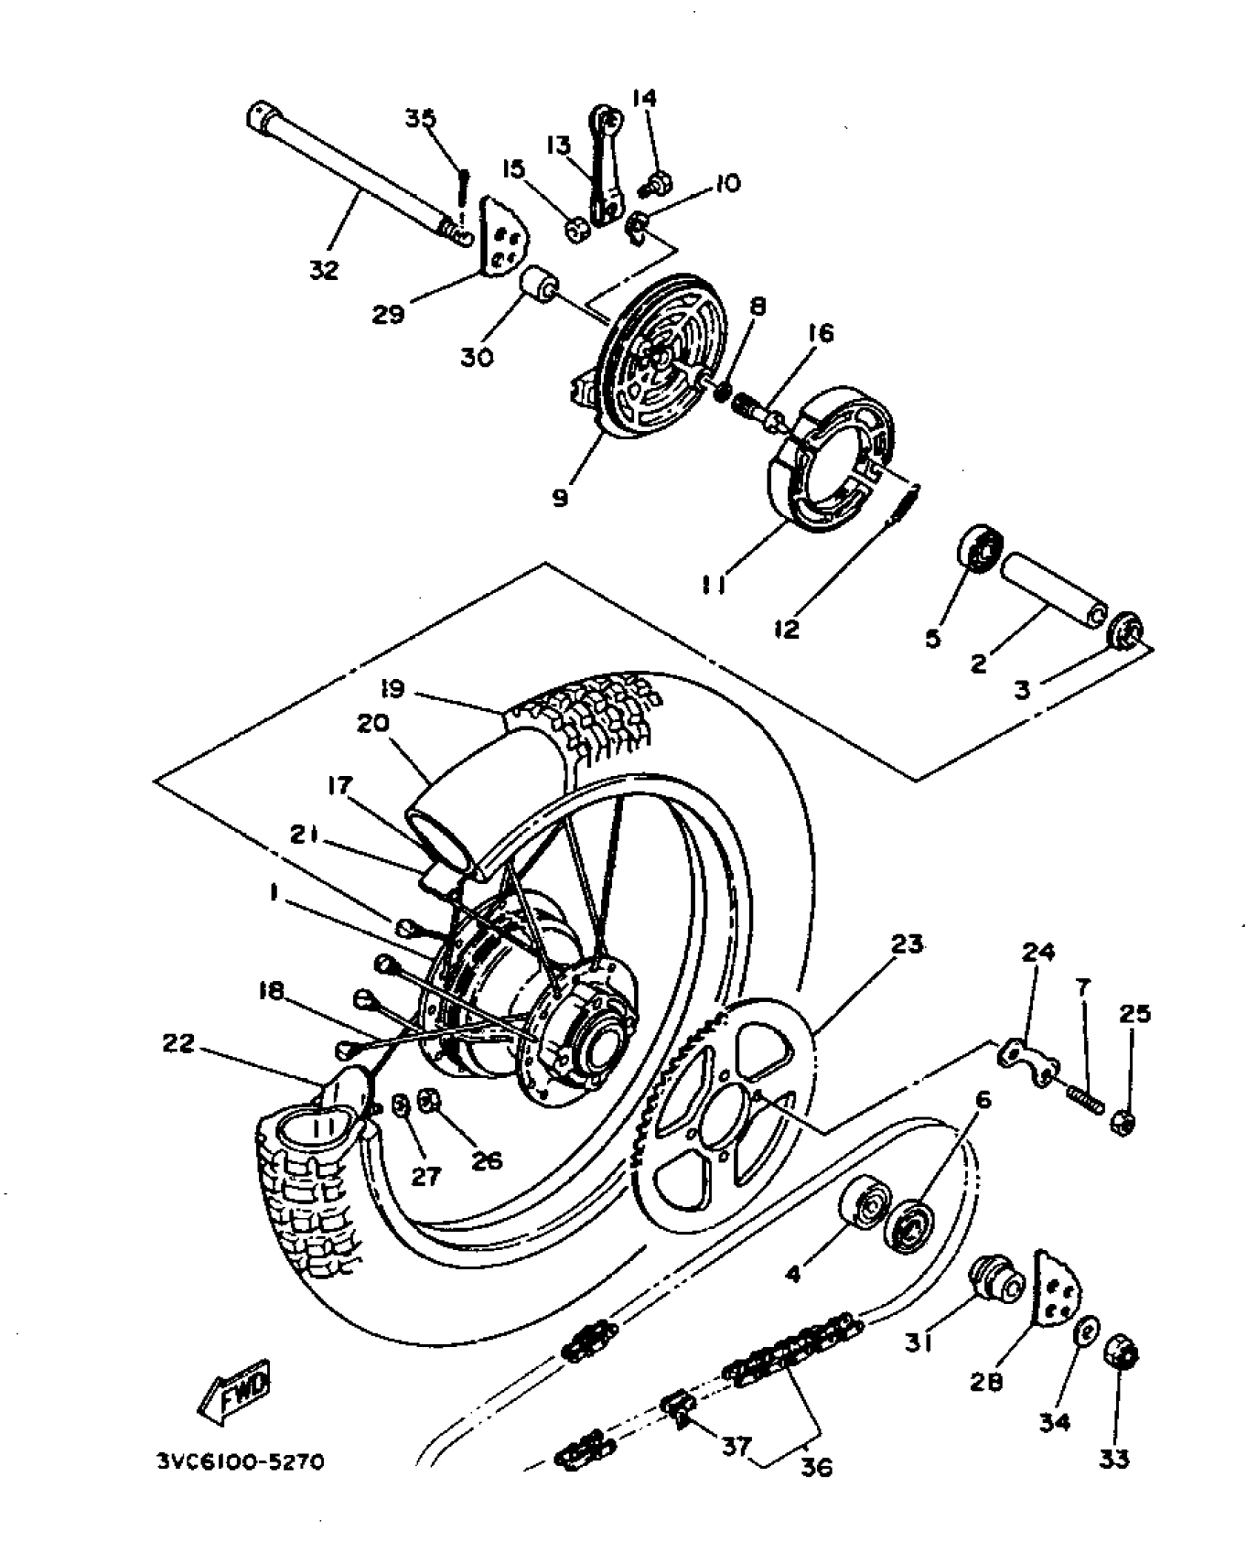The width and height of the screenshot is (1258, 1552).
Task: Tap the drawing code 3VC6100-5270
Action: tap(240, 1462)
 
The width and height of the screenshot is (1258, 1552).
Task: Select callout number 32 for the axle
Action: tap(323, 270)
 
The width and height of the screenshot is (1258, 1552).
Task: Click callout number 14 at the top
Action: tap(645, 98)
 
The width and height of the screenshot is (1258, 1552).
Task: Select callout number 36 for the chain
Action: tap(815, 1465)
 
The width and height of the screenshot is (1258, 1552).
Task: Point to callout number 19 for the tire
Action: tap(392, 689)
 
